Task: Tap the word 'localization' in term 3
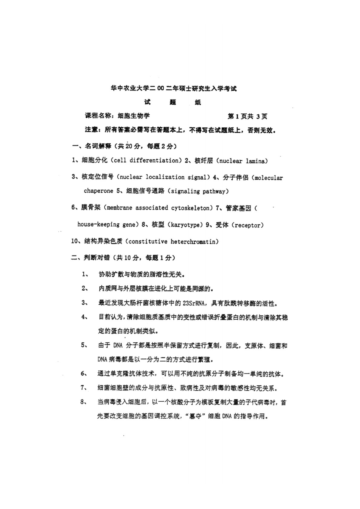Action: pos(165,177)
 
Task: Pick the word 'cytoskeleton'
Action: pos(190,208)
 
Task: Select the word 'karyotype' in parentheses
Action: pos(185,225)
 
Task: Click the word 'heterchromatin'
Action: pos(193,241)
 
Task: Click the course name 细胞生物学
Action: pos(134,116)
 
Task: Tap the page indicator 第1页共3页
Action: pos(247,116)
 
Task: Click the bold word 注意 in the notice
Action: pos(91,130)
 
